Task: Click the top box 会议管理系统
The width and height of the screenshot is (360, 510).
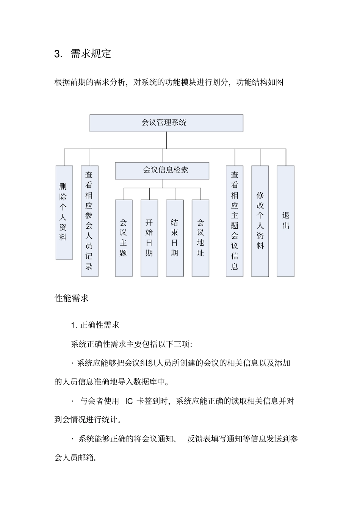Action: [166, 123]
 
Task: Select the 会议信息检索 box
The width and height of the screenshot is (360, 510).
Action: [162, 171]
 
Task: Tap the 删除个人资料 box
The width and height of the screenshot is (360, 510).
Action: [64, 212]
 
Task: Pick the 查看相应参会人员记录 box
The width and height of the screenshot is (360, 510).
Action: [89, 221]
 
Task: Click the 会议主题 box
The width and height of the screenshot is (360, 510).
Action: [124, 238]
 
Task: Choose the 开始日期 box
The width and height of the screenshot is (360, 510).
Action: [149, 238]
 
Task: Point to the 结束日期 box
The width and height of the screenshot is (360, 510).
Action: [175, 238]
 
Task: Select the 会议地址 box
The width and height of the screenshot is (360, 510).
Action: [200, 238]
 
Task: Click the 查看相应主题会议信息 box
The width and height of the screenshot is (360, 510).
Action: [235, 221]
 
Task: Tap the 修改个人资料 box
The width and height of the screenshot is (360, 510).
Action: [260, 221]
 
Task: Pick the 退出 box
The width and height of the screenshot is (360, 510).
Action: [286, 221]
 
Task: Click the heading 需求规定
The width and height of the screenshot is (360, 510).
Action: [91, 54]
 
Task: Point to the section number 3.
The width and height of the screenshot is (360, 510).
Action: [58, 54]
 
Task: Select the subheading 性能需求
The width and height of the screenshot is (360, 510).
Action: [72, 298]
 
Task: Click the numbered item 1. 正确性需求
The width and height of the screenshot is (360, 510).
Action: [95, 325]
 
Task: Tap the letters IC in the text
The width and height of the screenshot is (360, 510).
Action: [129, 401]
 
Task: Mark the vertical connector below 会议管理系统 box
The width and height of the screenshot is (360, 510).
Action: [166, 140]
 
